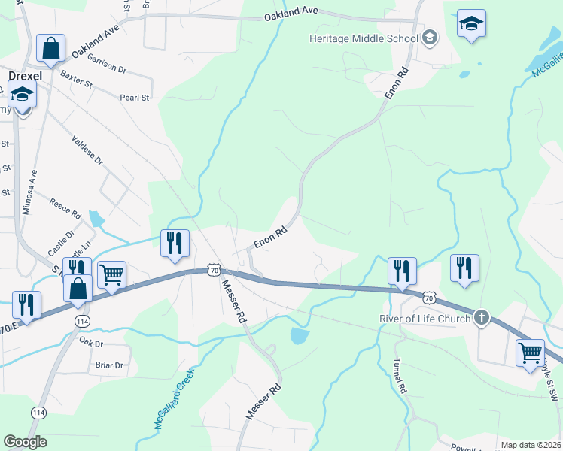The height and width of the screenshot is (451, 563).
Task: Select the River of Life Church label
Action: [x=424, y=318]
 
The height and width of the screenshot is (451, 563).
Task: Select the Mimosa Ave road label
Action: [x=29, y=192]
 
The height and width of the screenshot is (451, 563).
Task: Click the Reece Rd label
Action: [x=65, y=208]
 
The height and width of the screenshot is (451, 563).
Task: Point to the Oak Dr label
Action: [x=90, y=341]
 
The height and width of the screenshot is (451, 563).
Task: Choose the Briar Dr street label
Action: [x=109, y=365]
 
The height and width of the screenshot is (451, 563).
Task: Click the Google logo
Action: [x=25, y=442]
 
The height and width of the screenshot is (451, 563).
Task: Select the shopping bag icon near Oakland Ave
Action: [x=50, y=48]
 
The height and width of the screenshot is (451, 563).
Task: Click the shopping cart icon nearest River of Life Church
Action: [x=530, y=351]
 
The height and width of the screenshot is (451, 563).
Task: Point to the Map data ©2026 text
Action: [x=531, y=445]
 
